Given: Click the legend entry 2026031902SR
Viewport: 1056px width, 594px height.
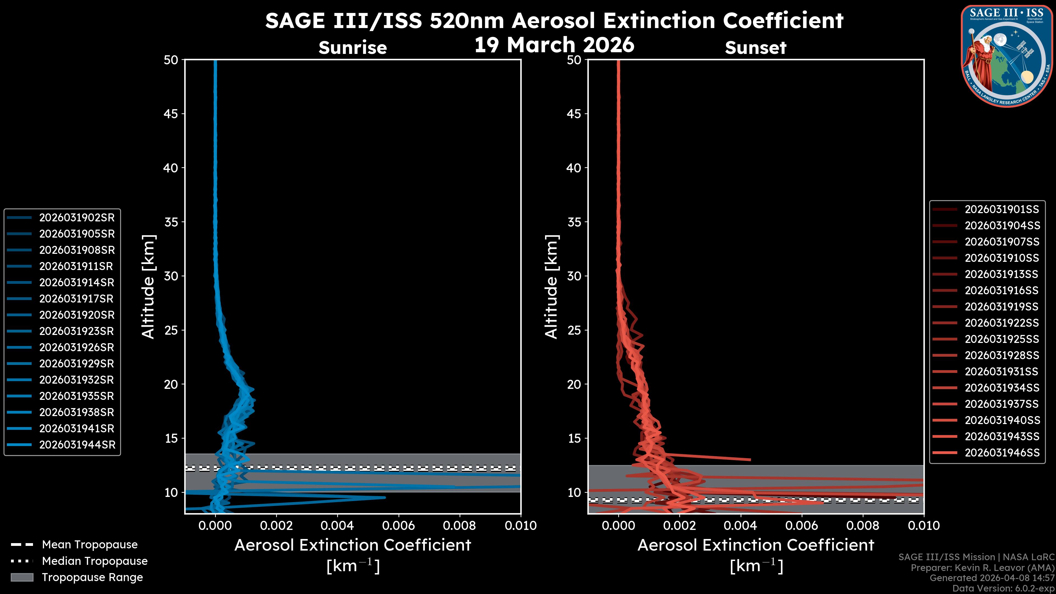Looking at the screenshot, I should click(x=77, y=218).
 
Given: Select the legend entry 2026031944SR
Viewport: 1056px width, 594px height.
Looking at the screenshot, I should click(x=77, y=445).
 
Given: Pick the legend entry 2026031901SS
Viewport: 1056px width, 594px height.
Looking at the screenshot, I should click(x=1002, y=210).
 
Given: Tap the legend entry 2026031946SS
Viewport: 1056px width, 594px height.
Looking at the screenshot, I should click(x=1002, y=453).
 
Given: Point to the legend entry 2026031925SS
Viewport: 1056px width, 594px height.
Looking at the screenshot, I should click(x=1002, y=339).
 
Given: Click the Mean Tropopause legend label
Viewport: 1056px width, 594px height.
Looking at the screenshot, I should click(x=90, y=544).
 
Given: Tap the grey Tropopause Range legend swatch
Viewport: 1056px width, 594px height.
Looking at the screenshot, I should click(x=22, y=577).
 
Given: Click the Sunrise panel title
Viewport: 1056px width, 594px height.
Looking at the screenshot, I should click(x=353, y=48).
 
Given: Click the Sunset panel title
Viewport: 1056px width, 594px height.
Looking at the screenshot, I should click(x=755, y=48).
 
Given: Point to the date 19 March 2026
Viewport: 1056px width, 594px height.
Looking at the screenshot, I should click(x=554, y=45).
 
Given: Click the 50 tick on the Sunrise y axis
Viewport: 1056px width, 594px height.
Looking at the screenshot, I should click(x=171, y=60).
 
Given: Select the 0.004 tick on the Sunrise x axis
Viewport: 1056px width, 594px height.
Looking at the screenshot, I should click(x=337, y=526).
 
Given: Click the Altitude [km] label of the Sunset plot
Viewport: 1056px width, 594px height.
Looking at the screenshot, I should click(x=551, y=287).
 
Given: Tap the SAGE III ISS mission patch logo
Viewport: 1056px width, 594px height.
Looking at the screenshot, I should click(x=1007, y=56).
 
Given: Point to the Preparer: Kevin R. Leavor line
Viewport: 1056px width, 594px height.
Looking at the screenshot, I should click(x=982, y=568).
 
